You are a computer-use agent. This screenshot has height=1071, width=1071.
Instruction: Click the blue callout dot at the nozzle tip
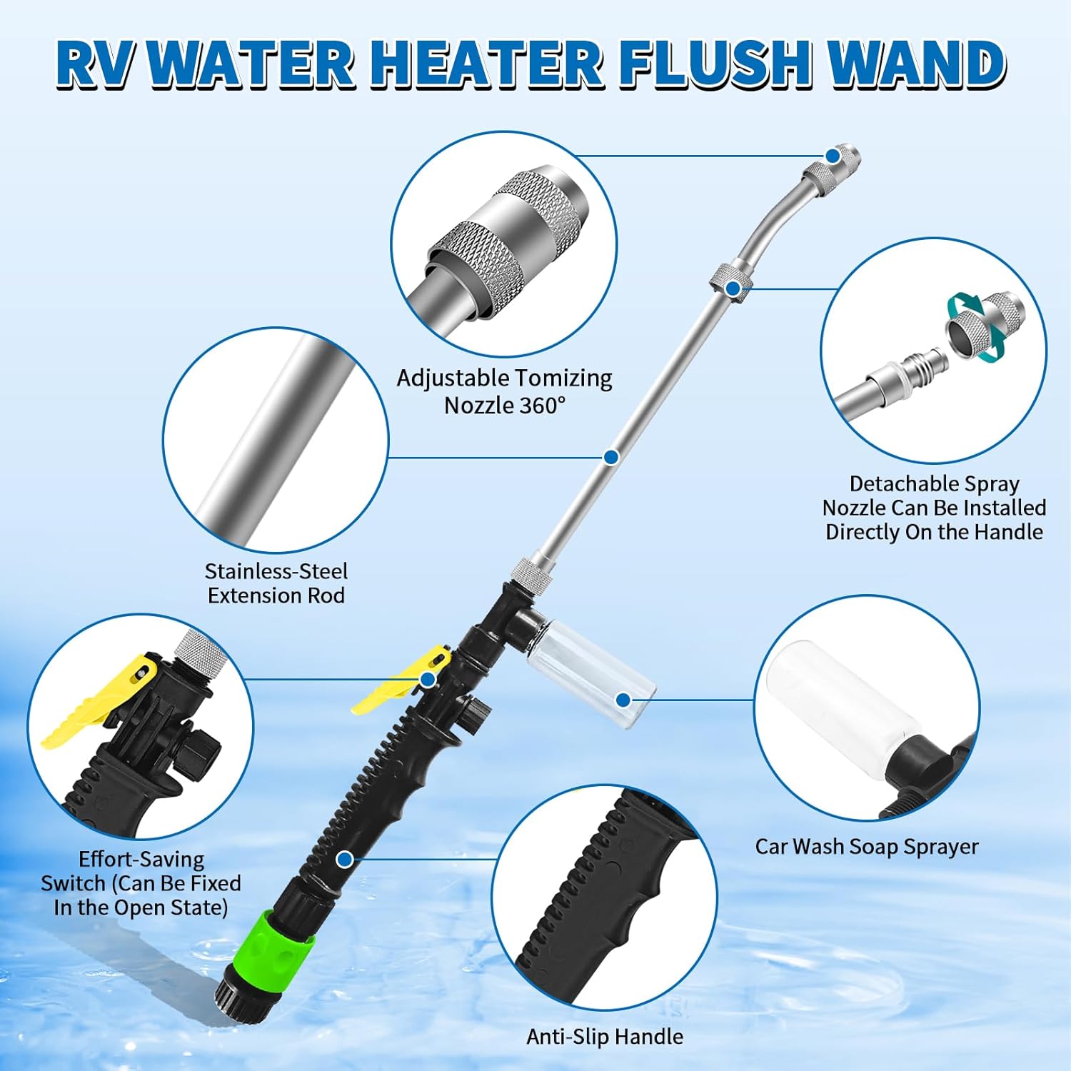(x=833, y=156)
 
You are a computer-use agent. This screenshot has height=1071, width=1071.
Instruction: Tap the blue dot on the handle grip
(x=344, y=860)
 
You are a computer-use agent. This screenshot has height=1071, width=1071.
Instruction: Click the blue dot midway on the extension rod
(x=610, y=457)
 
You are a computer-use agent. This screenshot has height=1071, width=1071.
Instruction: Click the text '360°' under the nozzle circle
(x=542, y=406)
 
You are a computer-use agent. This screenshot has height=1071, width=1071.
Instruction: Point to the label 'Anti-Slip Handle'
(x=605, y=1036)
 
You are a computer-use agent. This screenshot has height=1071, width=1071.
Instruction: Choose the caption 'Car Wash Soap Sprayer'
(x=867, y=847)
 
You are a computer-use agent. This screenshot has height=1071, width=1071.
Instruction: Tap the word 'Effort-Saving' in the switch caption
(x=141, y=859)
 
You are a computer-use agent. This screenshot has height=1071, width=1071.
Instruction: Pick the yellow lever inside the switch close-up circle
(x=100, y=700)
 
